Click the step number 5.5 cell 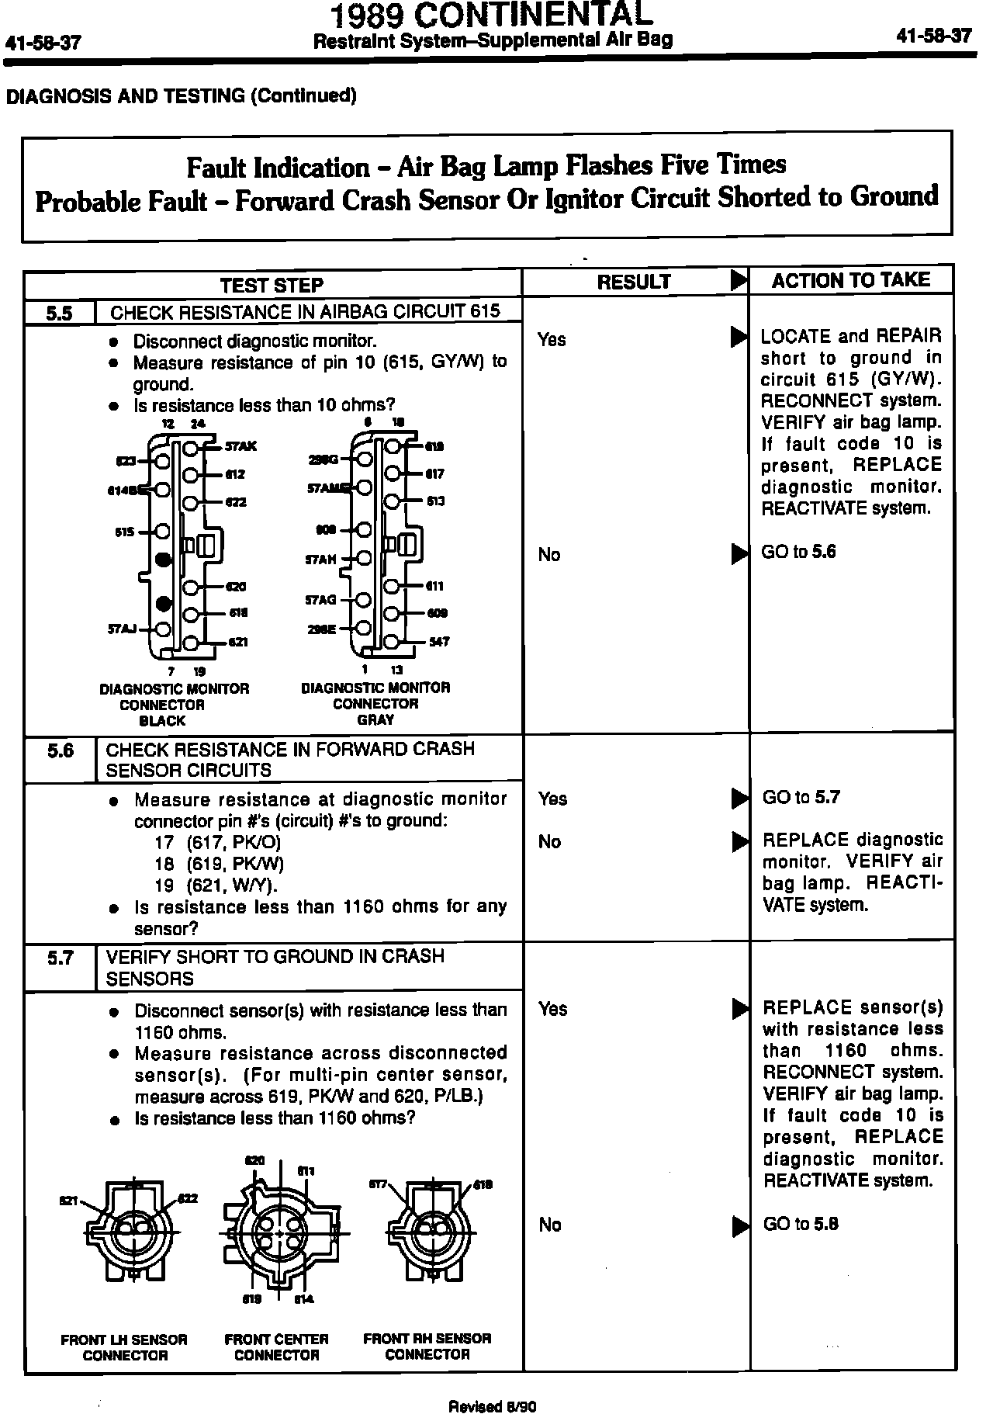point(59,313)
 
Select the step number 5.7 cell point(59,958)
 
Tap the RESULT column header point(634,282)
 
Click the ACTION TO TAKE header point(850,281)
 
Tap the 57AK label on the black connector point(240,447)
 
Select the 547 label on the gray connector point(439,642)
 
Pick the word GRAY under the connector point(375,719)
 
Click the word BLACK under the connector point(162,720)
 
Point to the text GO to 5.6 point(799,553)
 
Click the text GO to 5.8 point(801,1224)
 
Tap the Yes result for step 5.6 point(552,799)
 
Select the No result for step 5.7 point(549,1225)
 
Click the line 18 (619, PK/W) point(219,864)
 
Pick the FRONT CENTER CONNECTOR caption point(276,1346)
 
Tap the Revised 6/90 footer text point(493,1405)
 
